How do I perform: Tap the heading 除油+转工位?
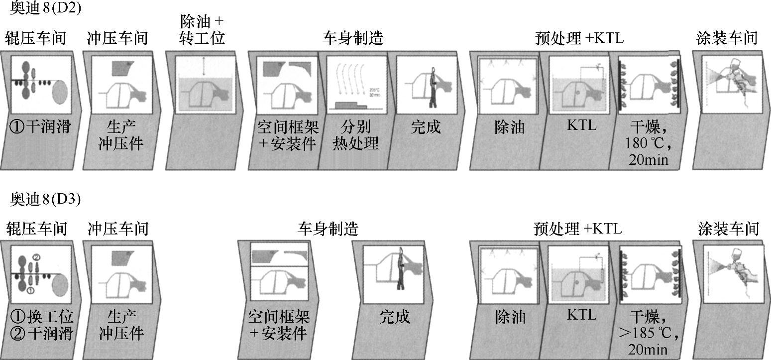tap(202, 29)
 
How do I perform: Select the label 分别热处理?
tap(356, 135)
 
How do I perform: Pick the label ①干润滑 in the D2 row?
tap(40, 127)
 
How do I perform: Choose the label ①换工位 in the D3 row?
tap(41, 317)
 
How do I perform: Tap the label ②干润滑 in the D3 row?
tap(41, 333)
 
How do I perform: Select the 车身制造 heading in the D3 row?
tap(328, 229)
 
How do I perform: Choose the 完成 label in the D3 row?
tap(395, 317)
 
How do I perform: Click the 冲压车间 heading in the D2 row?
tap(117, 38)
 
